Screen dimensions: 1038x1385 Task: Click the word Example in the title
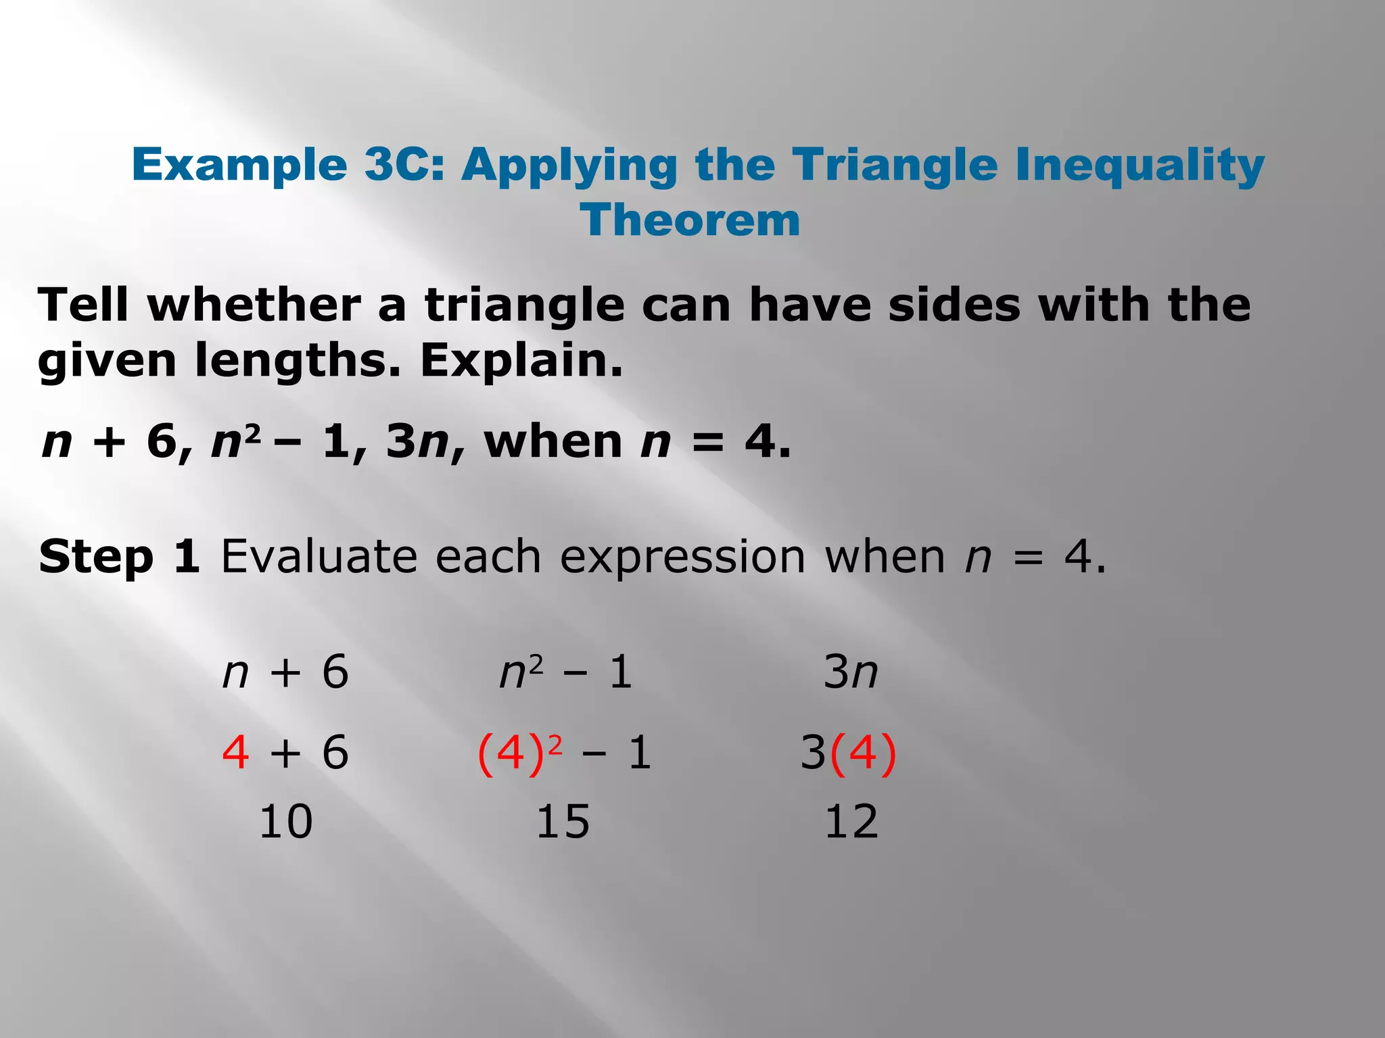pyautogui.click(x=239, y=165)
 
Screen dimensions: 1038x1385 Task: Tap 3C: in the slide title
pyautogui.click(x=404, y=165)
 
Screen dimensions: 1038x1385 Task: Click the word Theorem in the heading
pyautogui.click(x=690, y=220)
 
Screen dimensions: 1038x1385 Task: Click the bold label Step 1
pyautogui.click(x=119, y=558)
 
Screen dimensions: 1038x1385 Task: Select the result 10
pyautogui.click(x=285, y=822)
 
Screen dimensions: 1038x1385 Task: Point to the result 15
pyautogui.click(x=563, y=822)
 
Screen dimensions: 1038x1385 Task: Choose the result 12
pyautogui.click(x=851, y=822)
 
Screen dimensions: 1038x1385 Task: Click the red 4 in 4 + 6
pyautogui.click(x=235, y=753)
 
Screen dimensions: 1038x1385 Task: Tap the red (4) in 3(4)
pyautogui.click(x=863, y=753)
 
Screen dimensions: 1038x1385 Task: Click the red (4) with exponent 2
pyautogui.click(x=511, y=753)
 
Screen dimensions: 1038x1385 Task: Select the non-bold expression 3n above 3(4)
pyautogui.click(x=851, y=673)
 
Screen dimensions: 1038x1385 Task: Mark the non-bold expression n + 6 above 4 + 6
pyautogui.click(x=285, y=673)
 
